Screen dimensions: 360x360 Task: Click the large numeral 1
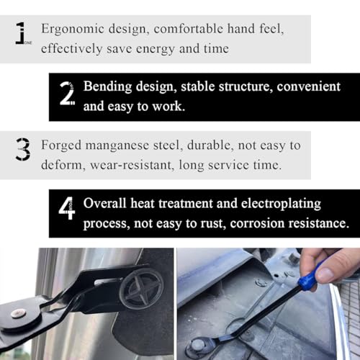(x=21, y=33)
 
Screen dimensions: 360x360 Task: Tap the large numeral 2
(x=67, y=93)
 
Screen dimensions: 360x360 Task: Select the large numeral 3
(x=23, y=149)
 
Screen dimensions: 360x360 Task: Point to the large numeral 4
(x=67, y=208)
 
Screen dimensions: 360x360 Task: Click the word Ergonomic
(x=73, y=30)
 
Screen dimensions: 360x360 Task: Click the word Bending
(x=107, y=87)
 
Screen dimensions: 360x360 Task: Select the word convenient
(x=309, y=86)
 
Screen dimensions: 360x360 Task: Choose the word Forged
(x=61, y=146)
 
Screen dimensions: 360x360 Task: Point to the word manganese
(x=117, y=146)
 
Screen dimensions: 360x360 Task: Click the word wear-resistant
(x=131, y=165)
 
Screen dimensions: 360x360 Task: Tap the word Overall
(x=104, y=203)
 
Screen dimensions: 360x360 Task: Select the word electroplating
(x=281, y=204)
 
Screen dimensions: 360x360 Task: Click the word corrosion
(x=257, y=223)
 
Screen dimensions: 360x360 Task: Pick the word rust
(x=213, y=223)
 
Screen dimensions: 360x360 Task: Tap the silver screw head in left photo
(x=18, y=313)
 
